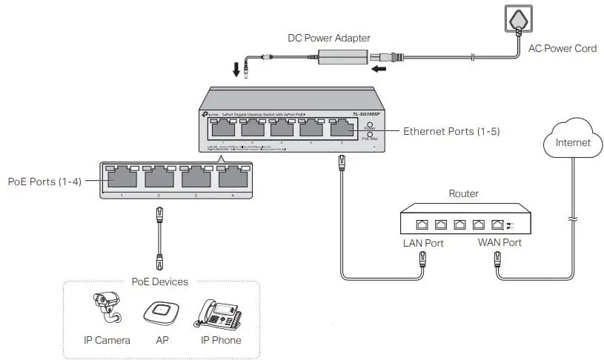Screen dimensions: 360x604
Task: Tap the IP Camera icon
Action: pyautogui.click(x=107, y=307)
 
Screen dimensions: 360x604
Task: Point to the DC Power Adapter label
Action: pyautogui.click(x=328, y=38)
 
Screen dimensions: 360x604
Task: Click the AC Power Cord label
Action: pyautogui.click(x=562, y=49)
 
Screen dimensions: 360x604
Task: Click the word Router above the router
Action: pyautogui.click(x=464, y=194)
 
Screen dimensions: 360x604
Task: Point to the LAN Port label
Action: pyautogui.click(x=423, y=243)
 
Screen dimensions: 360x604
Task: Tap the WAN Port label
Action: pyautogui.click(x=500, y=243)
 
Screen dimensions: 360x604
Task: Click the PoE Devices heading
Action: pyautogui.click(x=159, y=281)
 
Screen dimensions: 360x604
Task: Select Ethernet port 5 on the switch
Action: pyautogui.click(x=341, y=129)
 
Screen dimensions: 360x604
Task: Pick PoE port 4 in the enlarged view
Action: pyautogui.click(x=232, y=178)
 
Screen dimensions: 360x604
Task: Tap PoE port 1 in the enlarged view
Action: pyautogui.click(x=121, y=178)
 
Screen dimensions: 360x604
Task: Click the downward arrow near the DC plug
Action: pyautogui.click(x=236, y=70)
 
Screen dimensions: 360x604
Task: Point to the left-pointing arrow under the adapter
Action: pyautogui.click(x=379, y=70)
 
